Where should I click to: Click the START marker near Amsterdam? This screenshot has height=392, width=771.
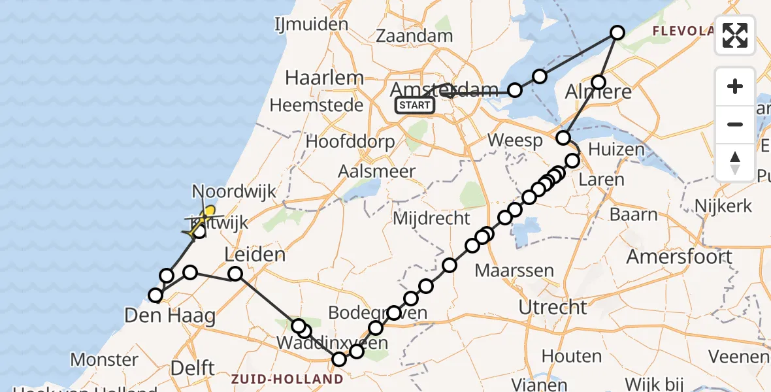[415, 105]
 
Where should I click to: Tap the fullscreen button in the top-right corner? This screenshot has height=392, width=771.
[735, 35]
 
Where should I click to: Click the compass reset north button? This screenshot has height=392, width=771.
[735, 162]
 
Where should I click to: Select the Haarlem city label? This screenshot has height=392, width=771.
[325, 78]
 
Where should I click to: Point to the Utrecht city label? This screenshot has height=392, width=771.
[552, 306]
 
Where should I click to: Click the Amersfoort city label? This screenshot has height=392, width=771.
[680, 256]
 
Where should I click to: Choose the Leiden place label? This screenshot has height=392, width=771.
[255, 255]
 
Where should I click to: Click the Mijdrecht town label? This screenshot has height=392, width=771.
[431, 218]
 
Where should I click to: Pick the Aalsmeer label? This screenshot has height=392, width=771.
[377, 171]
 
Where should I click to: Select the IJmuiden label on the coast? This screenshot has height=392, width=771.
[310, 25]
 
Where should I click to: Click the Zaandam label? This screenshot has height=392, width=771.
[414, 36]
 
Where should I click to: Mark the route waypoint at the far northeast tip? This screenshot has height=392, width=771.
[617, 32]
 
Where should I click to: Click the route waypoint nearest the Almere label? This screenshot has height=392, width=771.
[599, 82]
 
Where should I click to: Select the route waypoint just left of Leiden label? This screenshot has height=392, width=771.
[235, 274]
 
